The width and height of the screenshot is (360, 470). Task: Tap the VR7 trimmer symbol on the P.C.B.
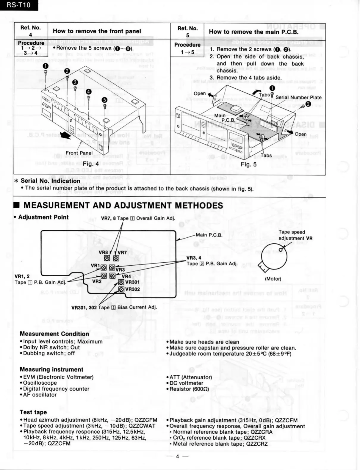click(116, 258)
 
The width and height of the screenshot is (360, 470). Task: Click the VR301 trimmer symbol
click(121, 282)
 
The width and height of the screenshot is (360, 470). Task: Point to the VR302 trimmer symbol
click(121, 289)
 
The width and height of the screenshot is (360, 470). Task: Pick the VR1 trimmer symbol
click(104, 267)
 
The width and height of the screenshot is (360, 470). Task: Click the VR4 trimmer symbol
click(112, 276)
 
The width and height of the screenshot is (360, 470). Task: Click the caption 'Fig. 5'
click(248, 164)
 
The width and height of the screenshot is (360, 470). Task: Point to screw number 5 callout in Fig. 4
click(104, 100)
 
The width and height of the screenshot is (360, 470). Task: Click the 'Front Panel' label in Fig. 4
click(79, 153)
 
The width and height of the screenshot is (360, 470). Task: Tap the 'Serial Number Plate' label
click(298, 97)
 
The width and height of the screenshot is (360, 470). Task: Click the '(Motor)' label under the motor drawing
click(273, 279)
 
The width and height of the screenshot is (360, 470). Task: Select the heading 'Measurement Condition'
click(54, 334)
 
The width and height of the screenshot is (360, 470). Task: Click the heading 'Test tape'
click(33, 412)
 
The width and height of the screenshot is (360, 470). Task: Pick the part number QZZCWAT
click(142, 426)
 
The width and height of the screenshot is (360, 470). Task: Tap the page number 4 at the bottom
click(177, 457)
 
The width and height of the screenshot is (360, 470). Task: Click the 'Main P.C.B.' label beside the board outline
click(209, 235)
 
